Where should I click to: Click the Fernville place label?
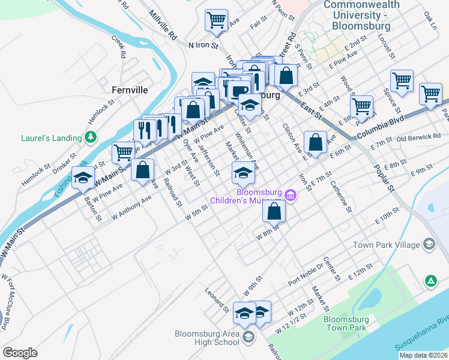[x=129, y=90]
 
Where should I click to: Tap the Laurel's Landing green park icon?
[x=91, y=137]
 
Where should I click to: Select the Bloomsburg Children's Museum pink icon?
[x=291, y=194]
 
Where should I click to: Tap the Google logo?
[x=20, y=353]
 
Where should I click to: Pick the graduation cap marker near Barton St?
[x=83, y=178]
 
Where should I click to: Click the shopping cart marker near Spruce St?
[x=402, y=80]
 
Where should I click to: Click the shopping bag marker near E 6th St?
[x=315, y=142]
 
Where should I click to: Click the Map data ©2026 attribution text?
[x=423, y=355]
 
